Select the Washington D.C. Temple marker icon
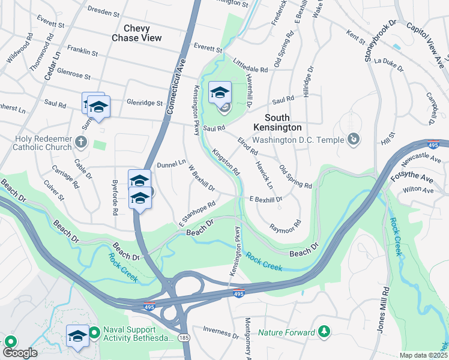[x=354, y=140]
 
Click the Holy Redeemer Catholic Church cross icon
[x=81, y=143]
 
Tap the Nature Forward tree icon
[x=324, y=331]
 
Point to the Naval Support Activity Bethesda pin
[x=94, y=332]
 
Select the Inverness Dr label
[x=220, y=331]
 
